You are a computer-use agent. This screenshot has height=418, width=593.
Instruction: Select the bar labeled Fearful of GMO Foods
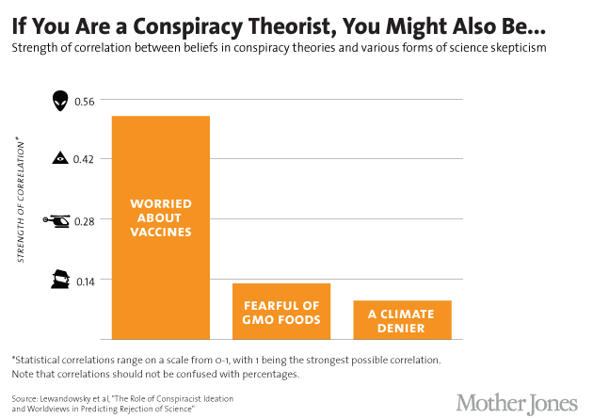click(281, 311)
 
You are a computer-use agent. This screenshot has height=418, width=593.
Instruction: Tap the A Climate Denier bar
click(402, 319)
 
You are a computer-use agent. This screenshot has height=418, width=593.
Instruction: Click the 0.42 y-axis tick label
click(84, 160)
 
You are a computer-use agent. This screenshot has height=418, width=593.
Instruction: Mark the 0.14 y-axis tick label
click(84, 280)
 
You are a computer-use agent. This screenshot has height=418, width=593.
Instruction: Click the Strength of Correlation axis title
click(22, 203)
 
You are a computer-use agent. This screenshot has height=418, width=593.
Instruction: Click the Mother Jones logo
click(516, 401)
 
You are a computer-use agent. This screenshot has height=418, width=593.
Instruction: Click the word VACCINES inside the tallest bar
click(160, 232)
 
